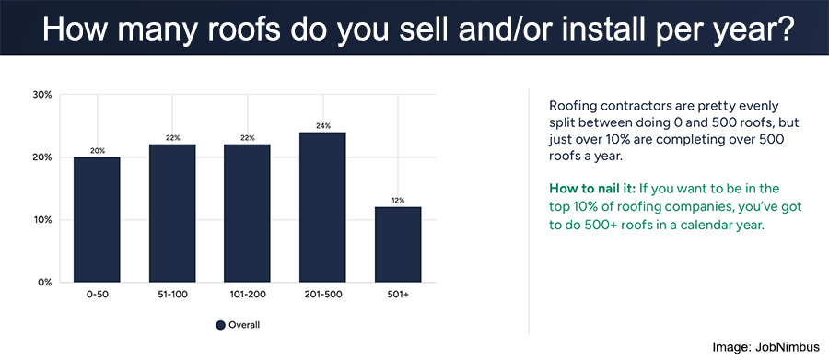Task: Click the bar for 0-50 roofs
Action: point(97,219)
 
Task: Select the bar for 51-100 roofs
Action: point(172,213)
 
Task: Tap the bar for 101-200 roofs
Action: point(248,213)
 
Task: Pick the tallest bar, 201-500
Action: point(322,207)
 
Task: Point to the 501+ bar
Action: point(398,245)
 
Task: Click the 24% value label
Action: point(322,126)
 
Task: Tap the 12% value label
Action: point(398,201)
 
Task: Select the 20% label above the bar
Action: point(98,151)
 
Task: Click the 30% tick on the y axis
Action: point(41,95)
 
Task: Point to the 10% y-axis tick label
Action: point(42,220)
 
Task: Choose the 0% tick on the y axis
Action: point(45,283)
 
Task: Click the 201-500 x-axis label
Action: point(322,295)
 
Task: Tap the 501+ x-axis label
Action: point(398,295)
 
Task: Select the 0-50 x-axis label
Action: point(97,295)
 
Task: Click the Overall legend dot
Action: point(220,325)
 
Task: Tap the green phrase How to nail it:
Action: point(585,188)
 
